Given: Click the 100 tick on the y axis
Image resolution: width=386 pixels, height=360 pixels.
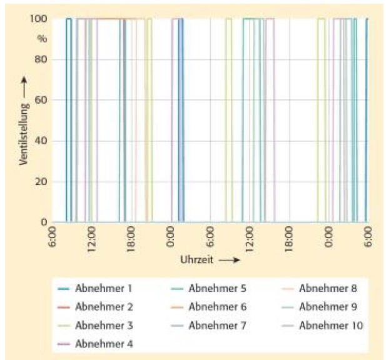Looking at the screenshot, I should click(x=39, y=19).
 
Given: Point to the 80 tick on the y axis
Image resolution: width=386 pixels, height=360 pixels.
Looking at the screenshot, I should click(x=41, y=59).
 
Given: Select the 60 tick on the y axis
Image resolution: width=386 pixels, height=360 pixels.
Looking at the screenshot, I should click(x=41, y=100).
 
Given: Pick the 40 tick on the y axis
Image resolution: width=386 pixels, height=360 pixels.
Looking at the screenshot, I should click(x=41, y=141).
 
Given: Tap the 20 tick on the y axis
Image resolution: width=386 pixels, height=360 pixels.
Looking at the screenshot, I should click(x=41, y=182).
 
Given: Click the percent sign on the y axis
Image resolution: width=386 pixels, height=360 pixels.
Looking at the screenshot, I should click(x=42, y=39).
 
